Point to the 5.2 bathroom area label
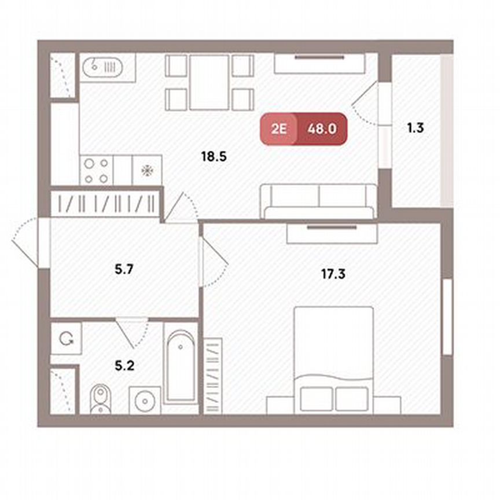[125, 366]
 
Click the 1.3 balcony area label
[415, 128]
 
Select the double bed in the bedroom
[333, 359]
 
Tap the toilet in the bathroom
[100, 399]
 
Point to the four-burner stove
[96, 171]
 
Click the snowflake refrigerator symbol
[147, 171]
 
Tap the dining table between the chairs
[209, 82]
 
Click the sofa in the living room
[319, 201]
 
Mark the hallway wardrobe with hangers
[104, 204]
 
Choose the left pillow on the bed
[317, 399]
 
